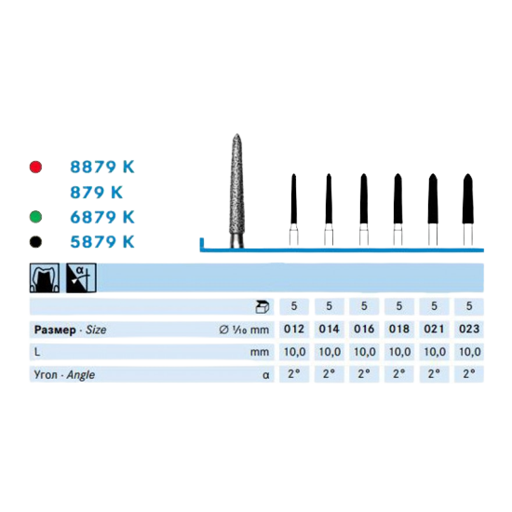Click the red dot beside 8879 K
coord(35,167)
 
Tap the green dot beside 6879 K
coord(35,217)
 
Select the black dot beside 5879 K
coord(35,242)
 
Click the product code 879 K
coord(96,192)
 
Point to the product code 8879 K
coord(102,167)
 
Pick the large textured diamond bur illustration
coord(237,191)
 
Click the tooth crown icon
coord(45,278)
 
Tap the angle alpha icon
coord(81,278)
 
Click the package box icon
coord(262,306)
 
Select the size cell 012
coord(294,330)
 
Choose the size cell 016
coord(364,330)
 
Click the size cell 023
coord(469,330)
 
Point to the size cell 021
coord(435,330)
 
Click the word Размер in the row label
coord(55,330)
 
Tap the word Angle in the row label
coord(81,375)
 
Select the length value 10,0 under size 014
coord(330,352)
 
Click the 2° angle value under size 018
coord(399,373)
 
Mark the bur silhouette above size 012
coord(294,209)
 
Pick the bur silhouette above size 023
coord(468,209)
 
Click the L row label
coord(37,352)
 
